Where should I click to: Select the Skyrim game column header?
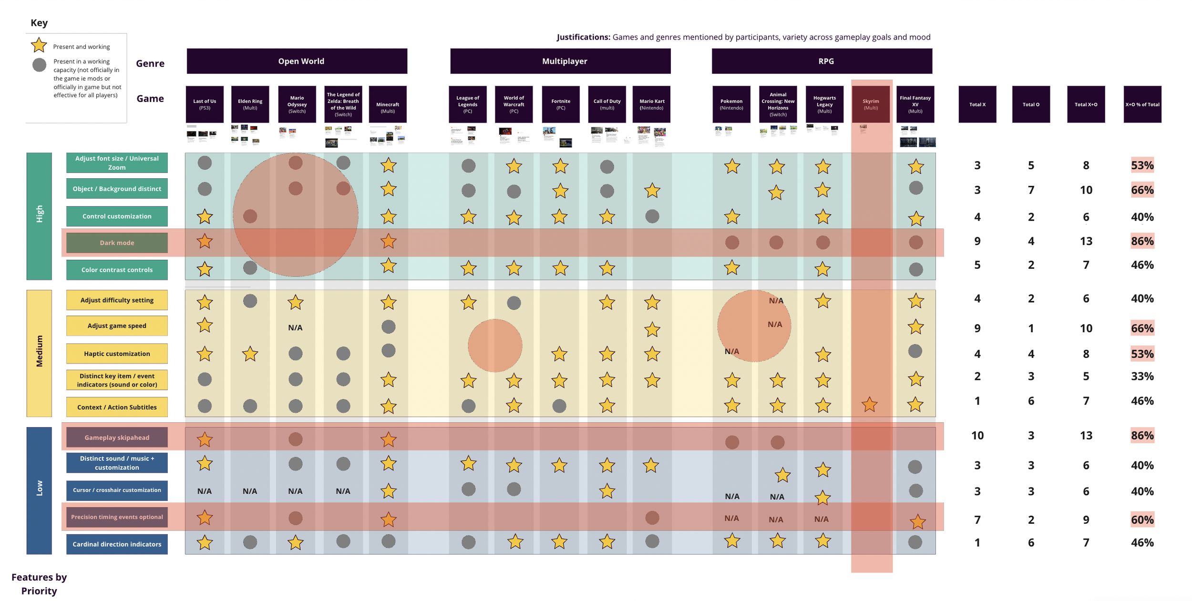point(871,104)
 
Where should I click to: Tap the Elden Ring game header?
point(250,104)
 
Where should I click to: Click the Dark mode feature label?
point(117,243)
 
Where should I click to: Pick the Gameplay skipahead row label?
point(117,438)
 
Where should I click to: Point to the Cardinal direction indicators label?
point(117,544)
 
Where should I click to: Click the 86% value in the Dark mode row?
point(1142,241)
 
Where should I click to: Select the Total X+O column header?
point(1086,104)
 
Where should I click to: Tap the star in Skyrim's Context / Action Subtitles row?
point(870,405)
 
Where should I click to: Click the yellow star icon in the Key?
point(39,45)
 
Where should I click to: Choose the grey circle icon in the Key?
point(39,65)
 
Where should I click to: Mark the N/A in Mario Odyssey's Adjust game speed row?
point(295,327)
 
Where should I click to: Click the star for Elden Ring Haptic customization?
point(250,354)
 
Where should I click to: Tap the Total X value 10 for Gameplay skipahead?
point(977,435)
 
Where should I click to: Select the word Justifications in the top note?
point(583,37)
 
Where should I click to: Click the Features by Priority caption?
point(39,584)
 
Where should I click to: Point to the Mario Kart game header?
point(652,104)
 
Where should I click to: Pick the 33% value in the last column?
point(1142,377)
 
